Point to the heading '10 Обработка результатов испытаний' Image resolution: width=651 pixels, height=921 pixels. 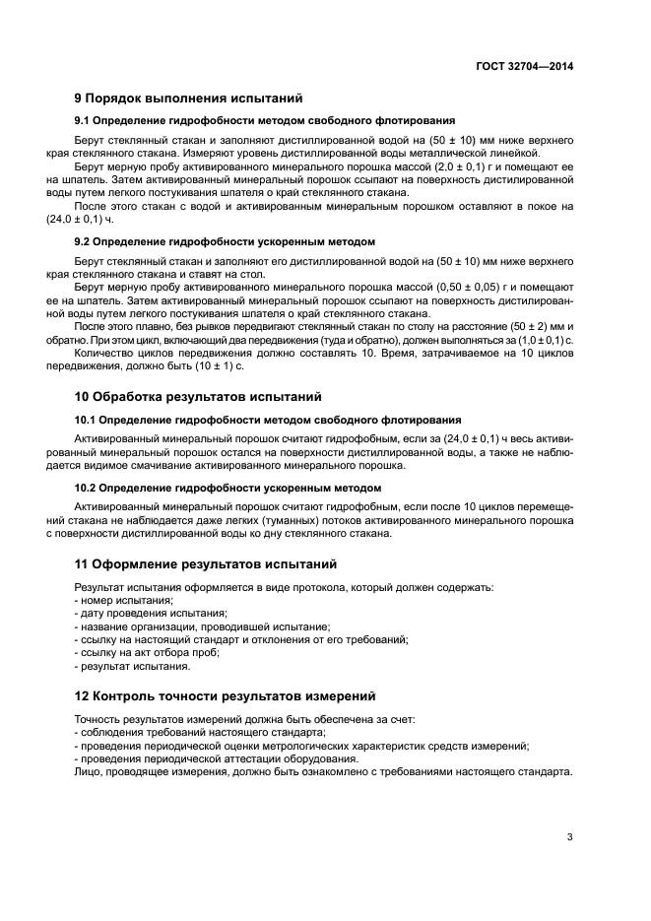click(199, 397)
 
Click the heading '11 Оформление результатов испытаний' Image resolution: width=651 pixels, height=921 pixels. click(205, 564)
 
